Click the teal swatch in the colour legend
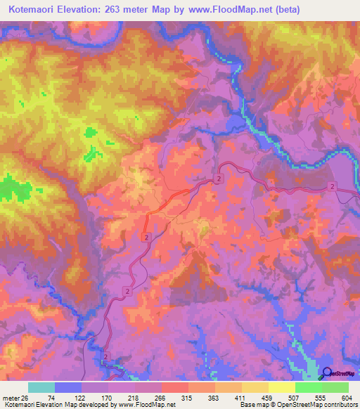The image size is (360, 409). click(41, 388)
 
